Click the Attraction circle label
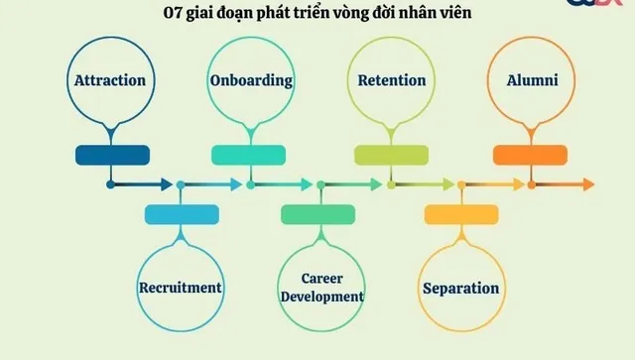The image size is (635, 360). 109,80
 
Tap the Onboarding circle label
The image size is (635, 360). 251,80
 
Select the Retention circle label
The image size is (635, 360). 391,80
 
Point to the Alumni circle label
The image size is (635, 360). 532,80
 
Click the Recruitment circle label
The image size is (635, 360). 180,288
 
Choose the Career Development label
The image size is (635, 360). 321,288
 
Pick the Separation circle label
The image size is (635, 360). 460,289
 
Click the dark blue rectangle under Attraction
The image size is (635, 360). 112,155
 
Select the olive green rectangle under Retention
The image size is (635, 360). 392,155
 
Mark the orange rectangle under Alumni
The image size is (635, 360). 530,155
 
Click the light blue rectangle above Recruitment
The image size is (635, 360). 182,213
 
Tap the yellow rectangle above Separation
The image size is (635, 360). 461,213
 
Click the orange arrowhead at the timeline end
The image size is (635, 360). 588,184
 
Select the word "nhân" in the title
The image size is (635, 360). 423,14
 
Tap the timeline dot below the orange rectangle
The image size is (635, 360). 532,184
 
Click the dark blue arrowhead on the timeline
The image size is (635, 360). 166,184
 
